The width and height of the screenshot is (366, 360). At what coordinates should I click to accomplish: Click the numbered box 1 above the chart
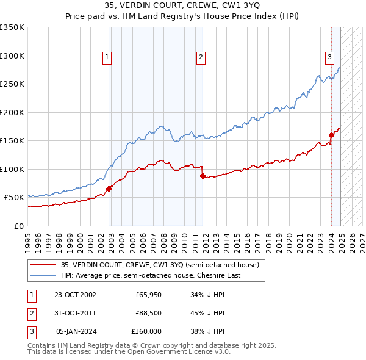click(107, 57)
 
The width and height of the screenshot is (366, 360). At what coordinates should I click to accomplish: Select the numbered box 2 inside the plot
click(201, 57)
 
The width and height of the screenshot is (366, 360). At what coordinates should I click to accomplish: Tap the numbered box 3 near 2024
click(329, 57)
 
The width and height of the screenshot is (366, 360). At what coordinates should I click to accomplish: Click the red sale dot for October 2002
click(109, 189)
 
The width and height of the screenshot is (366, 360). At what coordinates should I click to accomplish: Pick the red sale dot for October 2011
click(203, 176)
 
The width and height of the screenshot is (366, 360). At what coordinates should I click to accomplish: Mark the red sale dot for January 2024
click(331, 135)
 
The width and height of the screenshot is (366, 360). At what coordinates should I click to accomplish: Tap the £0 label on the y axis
click(18, 226)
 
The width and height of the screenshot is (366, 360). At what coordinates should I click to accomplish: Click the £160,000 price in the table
click(146, 331)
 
